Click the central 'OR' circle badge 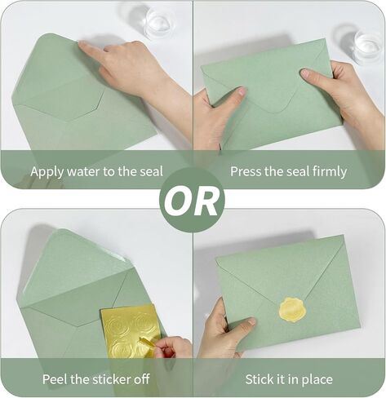(193, 200)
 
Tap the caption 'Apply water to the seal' (96, 171)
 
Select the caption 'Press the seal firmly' (288, 171)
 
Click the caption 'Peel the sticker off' (96, 379)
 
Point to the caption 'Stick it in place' (288, 379)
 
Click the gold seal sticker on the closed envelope (293, 309)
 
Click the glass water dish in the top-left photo (159, 22)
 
